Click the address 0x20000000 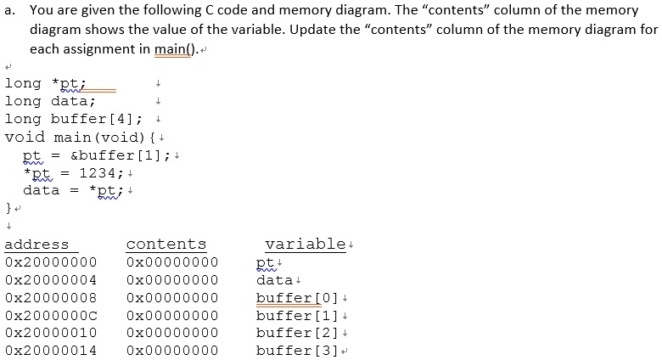click(x=51, y=262)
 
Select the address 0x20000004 click(x=51, y=280)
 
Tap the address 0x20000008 click(x=51, y=298)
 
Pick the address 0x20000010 click(x=51, y=333)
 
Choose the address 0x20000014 click(x=51, y=351)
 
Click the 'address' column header click(x=37, y=245)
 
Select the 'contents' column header click(x=166, y=245)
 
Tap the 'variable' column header click(x=304, y=245)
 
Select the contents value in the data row click(x=172, y=280)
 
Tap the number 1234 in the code click(x=97, y=172)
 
